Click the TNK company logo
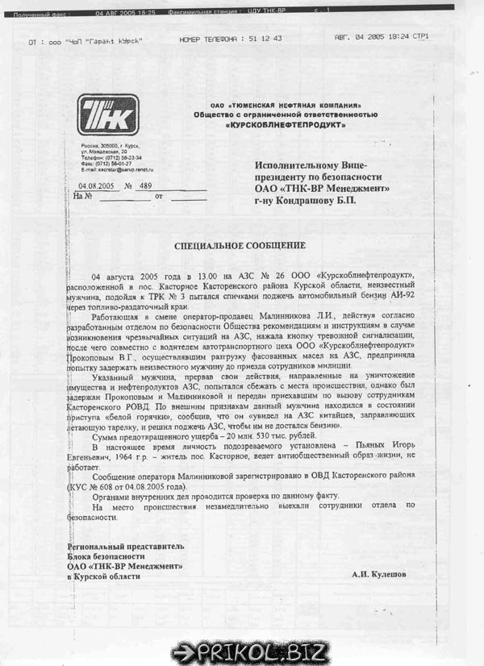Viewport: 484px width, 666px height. click(108, 114)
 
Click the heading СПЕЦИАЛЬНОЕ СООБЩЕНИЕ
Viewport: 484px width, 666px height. click(240, 245)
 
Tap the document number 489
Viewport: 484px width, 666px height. click(146, 185)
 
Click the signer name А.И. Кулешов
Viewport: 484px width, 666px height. click(379, 574)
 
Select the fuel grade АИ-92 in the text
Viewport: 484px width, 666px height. click(413, 296)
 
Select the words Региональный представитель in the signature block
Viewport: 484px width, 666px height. click(125, 546)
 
